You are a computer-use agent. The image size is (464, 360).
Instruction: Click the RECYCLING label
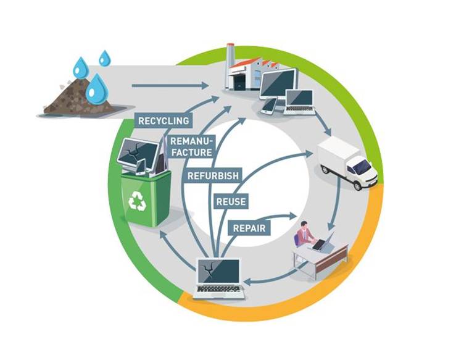click(164, 120)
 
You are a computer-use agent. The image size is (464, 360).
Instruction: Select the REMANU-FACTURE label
click(192, 147)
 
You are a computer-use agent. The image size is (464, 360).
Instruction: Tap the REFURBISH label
click(213, 176)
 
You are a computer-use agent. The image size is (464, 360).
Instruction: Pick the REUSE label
click(231, 202)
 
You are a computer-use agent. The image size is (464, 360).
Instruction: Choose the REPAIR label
click(249, 228)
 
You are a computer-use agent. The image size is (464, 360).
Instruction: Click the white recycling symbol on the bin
click(138, 201)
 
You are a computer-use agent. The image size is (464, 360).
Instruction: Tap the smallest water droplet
click(104, 57)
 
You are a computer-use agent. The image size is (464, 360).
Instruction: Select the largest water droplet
click(97, 89)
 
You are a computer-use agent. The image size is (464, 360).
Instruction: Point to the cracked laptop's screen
click(219, 272)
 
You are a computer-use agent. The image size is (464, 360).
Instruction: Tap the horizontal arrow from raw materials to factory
click(170, 86)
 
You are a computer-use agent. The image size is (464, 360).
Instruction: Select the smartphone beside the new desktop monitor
click(269, 106)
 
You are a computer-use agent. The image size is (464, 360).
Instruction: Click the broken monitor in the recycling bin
click(138, 153)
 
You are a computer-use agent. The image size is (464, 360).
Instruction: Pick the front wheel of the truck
click(357, 185)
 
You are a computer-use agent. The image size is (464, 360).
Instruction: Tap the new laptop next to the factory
click(299, 102)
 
